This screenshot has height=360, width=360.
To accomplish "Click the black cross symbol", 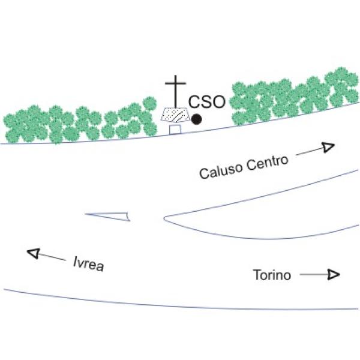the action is (176, 91).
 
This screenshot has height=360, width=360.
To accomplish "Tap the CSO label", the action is (207, 102).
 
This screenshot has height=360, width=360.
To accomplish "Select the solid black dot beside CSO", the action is (197, 119).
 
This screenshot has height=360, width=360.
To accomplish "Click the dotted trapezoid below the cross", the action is (175, 115).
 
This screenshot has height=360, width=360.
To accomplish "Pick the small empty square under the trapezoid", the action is (175, 130).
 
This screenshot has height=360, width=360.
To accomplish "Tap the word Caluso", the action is (221, 170).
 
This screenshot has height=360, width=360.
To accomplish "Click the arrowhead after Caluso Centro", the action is (328, 147).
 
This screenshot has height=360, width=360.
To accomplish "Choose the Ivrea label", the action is (89, 264).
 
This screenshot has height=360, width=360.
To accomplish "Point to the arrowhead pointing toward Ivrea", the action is (34, 253).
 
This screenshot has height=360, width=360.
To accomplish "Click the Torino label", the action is (272, 275).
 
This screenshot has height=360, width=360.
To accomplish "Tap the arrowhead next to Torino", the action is (334, 274).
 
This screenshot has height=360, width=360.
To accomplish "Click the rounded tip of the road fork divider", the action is (164, 218).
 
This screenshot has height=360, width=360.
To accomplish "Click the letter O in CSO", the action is (218, 102).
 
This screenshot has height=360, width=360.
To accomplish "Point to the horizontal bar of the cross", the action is (176, 83).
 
